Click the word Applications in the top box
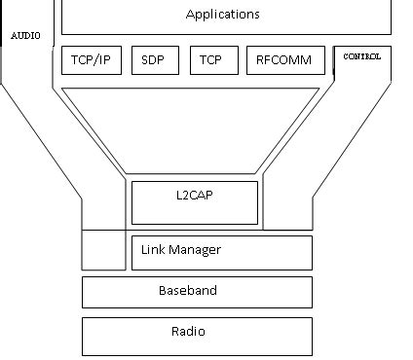click(x=222, y=15)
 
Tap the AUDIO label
click(x=27, y=35)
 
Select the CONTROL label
click(x=361, y=56)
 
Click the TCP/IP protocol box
click(x=92, y=60)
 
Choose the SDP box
click(x=153, y=60)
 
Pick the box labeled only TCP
click(x=210, y=60)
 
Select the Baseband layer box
click(x=197, y=291)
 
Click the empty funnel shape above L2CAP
click(x=190, y=126)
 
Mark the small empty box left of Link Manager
click(x=105, y=250)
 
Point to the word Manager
click(x=196, y=250)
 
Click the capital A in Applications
click(x=190, y=15)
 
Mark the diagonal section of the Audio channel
click(x=54, y=146)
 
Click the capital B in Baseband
click(x=163, y=291)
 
